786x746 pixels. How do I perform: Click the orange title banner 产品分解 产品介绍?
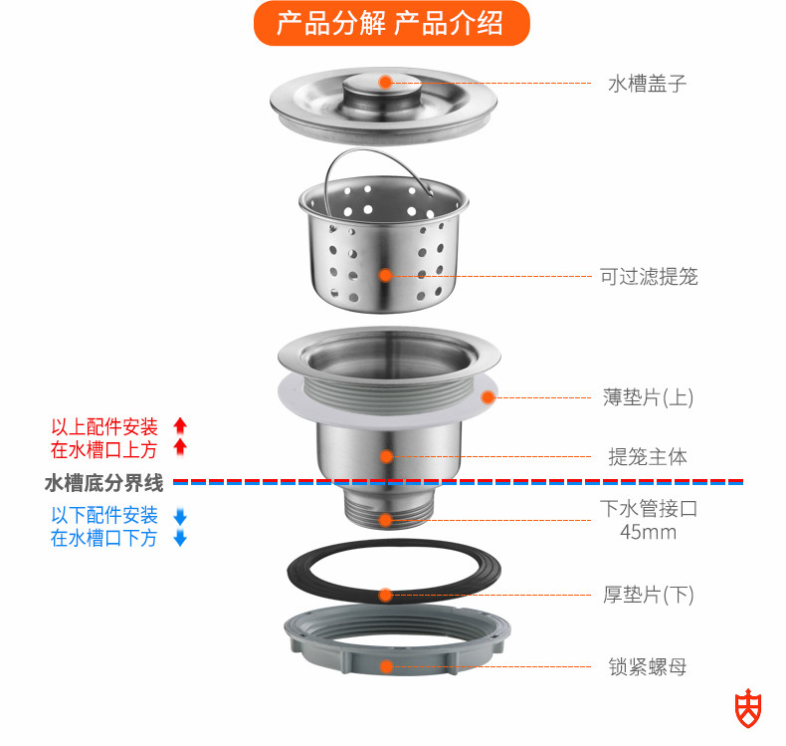(390, 22)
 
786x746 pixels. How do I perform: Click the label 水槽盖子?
(647, 84)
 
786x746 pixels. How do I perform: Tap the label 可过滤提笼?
(648, 276)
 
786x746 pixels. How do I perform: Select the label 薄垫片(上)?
(648, 396)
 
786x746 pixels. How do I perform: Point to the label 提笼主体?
(648, 457)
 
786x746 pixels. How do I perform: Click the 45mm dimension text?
(648, 532)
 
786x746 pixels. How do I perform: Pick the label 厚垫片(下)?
(648, 595)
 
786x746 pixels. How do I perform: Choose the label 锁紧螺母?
(648, 666)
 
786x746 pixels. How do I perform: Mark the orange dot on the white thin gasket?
(488, 396)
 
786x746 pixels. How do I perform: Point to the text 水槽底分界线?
(103, 484)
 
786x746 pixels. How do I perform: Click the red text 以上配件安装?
(104, 427)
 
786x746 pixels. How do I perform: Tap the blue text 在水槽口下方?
(104, 539)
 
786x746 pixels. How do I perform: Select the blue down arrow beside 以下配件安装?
(180, 516)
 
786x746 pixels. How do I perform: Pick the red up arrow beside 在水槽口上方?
(180, 448)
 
